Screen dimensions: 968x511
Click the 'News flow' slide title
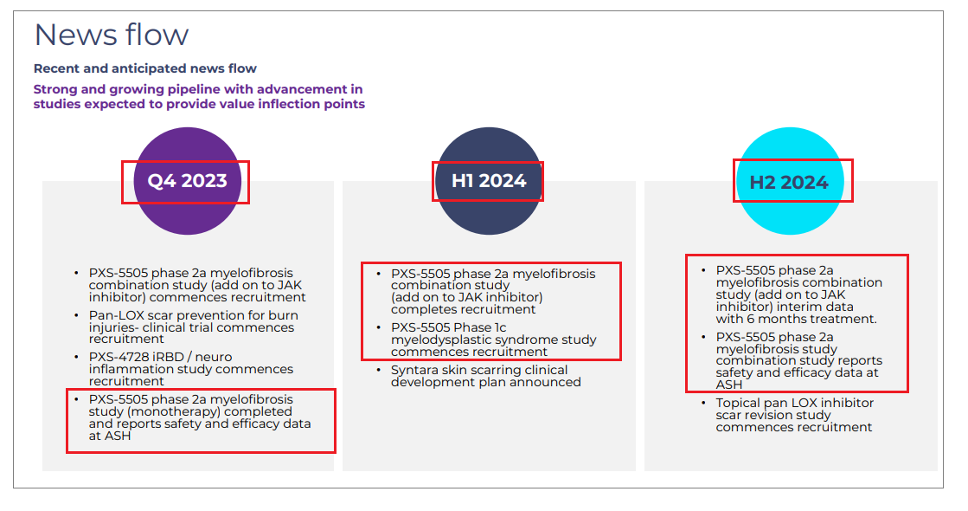[x=111, y=35]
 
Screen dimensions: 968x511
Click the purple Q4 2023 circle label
[x=187, y=181]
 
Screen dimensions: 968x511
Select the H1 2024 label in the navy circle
[x=489, y=181]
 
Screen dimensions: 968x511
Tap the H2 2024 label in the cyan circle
[x=789, y=182]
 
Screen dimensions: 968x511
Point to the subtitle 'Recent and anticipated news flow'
[x=145, y=68]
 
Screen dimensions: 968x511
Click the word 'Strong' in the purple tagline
[x=55, y=89]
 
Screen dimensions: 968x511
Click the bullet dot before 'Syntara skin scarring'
[x=378, y=370]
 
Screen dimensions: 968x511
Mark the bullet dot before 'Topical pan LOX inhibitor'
[x=703, y=402]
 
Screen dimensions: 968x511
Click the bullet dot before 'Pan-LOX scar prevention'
[x=76, y=314]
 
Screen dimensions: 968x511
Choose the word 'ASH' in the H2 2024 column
[x=729, y=385]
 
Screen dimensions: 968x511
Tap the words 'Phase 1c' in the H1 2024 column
[x=480, y=327]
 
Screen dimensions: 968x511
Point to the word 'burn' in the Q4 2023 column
[x=284, y=315]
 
